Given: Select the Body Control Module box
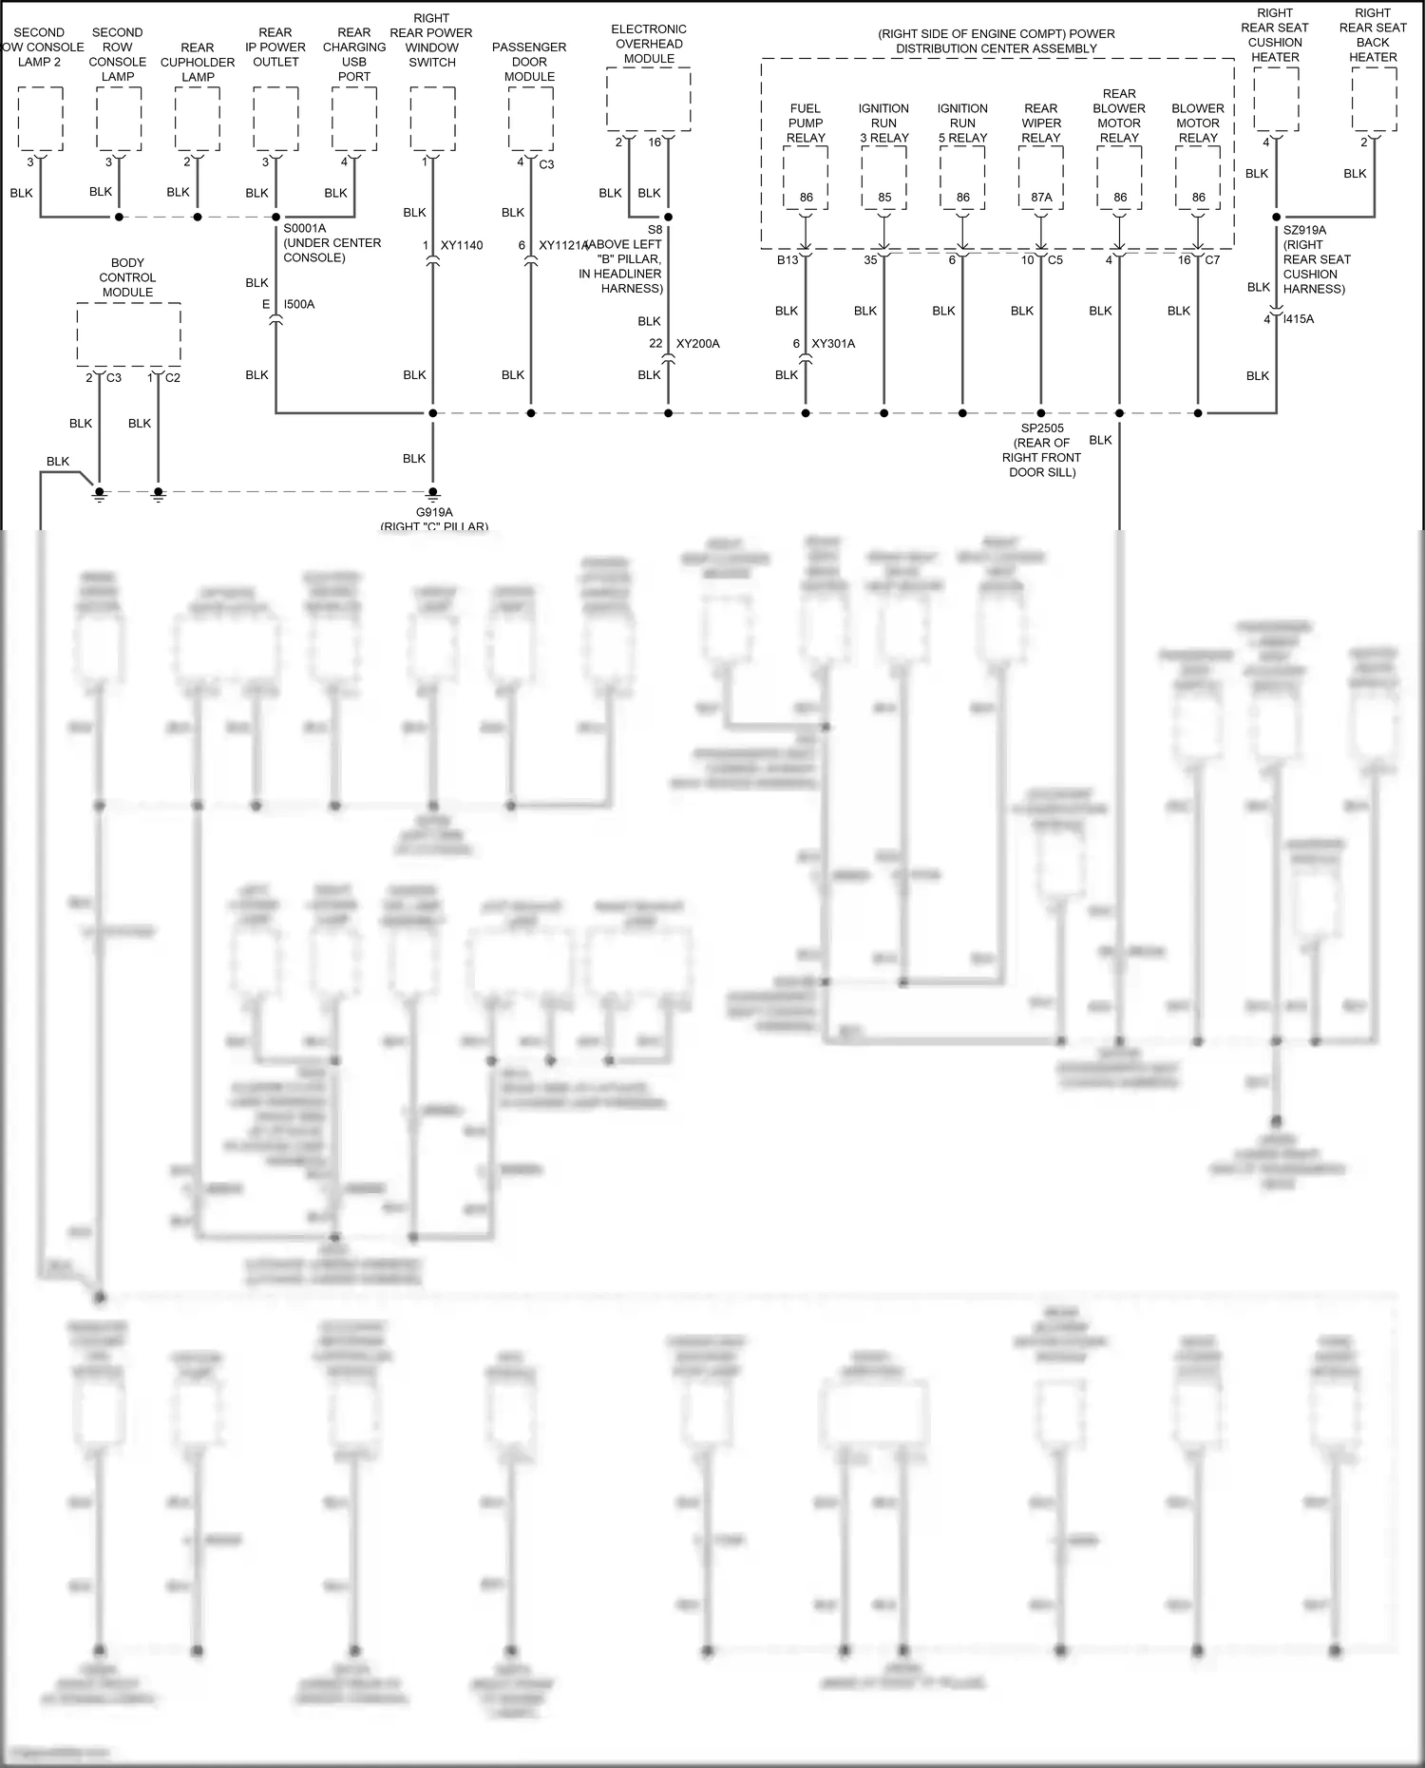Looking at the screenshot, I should tap(128, 333).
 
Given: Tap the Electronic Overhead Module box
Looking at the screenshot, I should tap(649, 99).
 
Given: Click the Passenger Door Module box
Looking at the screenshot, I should tap(530, 118).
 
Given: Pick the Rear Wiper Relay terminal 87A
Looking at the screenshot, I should tap(1041, 198).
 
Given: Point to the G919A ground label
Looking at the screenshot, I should tap(434, 513).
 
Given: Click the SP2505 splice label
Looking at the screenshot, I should tap(1041, 428).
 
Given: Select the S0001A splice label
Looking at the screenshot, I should tap(304, 229).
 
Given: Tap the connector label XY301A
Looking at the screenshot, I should tap(833, 344).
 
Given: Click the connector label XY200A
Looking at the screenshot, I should tap(697, 344).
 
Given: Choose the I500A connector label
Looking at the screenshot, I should tap(299, 305).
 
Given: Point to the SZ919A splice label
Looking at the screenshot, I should tap(1304, 230).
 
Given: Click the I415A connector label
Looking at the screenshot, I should tap(1299, 319).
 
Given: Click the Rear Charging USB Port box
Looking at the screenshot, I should tap(354, 118).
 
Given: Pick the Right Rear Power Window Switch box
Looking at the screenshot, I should tap(432, 118).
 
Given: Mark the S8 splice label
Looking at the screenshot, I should tap(655, 230).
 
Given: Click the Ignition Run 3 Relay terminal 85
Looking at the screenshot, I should tap(884, 198).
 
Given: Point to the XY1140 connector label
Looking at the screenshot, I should tap(462, 246).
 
